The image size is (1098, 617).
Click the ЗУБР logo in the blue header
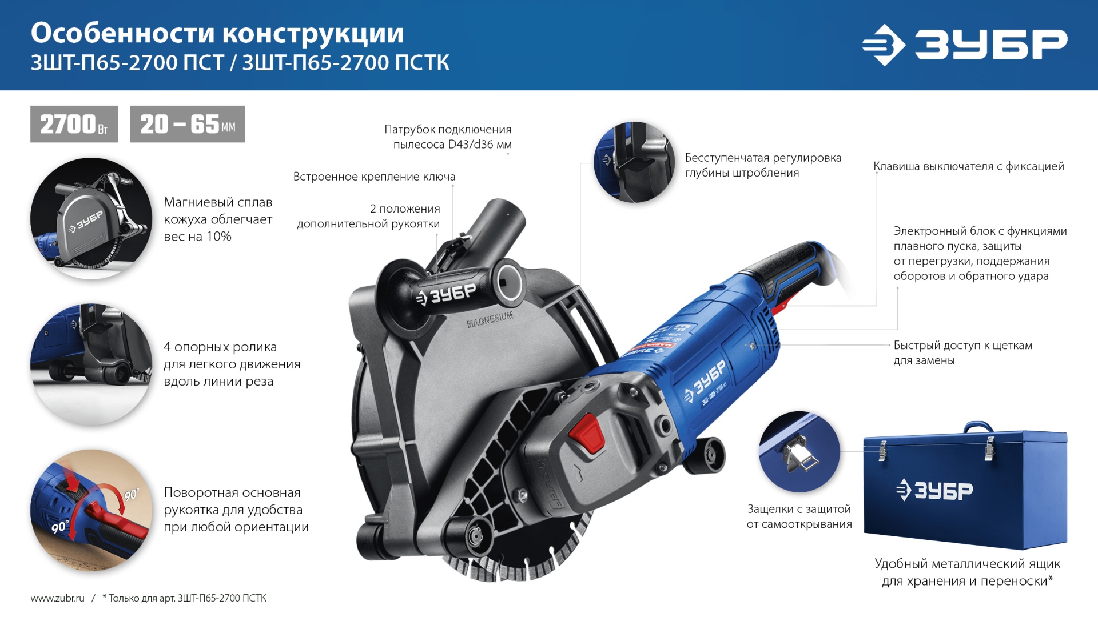pos(965,45)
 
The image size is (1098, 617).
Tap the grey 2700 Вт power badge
pos(74,124)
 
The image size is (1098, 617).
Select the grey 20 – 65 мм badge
pos(188,124)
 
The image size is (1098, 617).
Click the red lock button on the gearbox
pos(587,433)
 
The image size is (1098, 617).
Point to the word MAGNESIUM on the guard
pos(490,320)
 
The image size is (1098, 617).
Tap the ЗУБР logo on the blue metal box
pos(934,490)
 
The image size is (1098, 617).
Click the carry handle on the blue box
pos(978,427)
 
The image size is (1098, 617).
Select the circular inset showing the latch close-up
pos(799,452)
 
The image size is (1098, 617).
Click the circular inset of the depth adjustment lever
pos(634,162)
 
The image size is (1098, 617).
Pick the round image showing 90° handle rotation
pos(91,510)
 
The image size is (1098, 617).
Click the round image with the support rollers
pos(91,364)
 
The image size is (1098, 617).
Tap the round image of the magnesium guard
pos(91,219)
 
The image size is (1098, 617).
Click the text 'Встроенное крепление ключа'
pos(374,177)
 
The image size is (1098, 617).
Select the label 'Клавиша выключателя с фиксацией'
pos(968,166)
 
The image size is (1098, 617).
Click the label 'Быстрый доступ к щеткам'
pos(962,346)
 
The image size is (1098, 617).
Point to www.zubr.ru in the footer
pos(57,598)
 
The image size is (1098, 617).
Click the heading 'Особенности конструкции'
pos(217,33)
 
